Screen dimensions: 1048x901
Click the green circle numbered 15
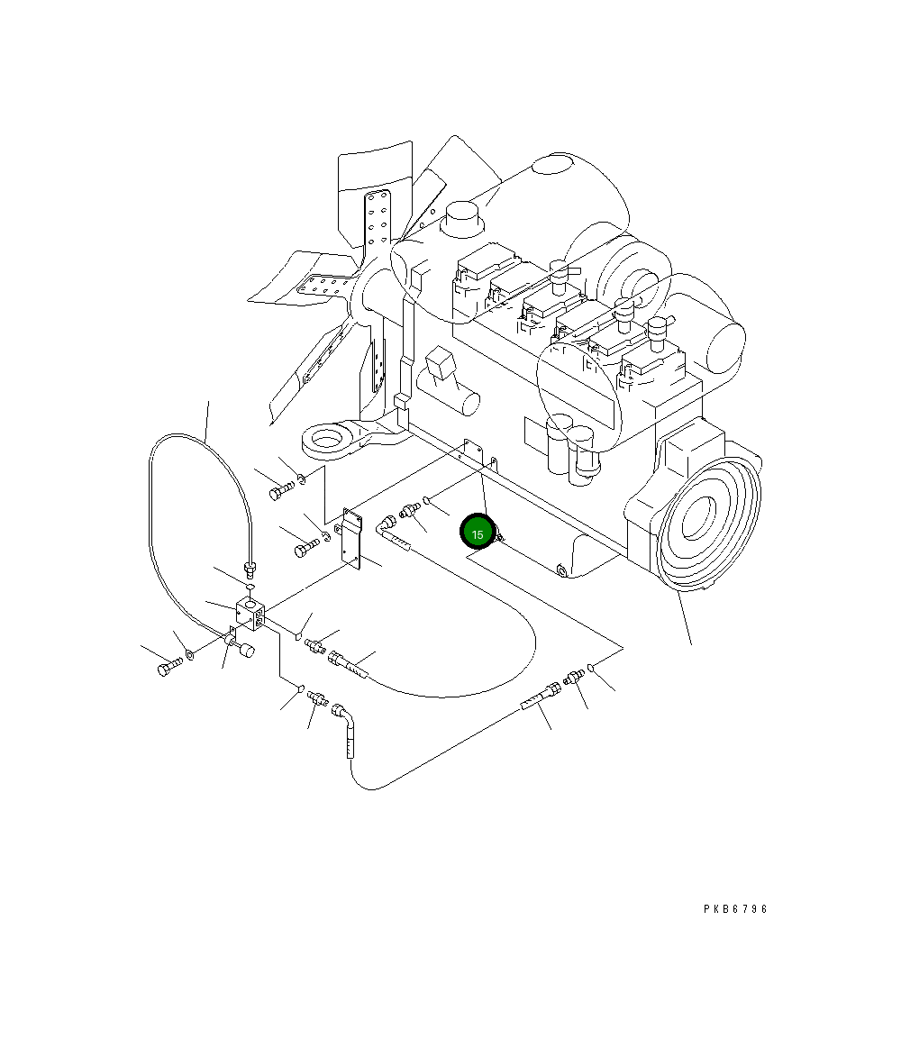pos(477,533)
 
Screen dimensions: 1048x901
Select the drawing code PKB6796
pos(735,909)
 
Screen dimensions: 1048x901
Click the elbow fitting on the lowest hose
pos(343,715)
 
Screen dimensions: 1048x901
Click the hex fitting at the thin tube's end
pos(250,568)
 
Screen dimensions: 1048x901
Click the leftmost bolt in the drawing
pos(168,668)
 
